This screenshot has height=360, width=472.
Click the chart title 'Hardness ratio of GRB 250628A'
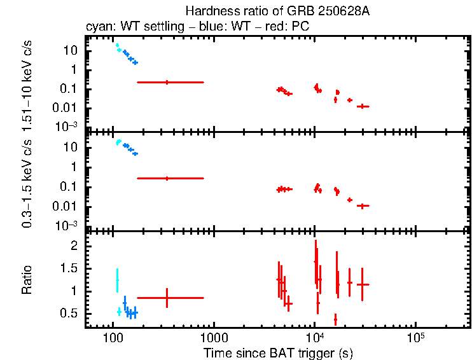click(277, 11)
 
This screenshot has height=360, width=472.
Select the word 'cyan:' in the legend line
click(99, 27)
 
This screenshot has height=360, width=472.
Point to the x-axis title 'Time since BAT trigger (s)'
click(278, 352)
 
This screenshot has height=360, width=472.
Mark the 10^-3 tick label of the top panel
click(68, 127)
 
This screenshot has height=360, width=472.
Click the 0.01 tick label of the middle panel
click(67, 206)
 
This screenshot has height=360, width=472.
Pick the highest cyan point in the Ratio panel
click(117, 280)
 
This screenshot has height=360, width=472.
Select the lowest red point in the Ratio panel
click(335, 319)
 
